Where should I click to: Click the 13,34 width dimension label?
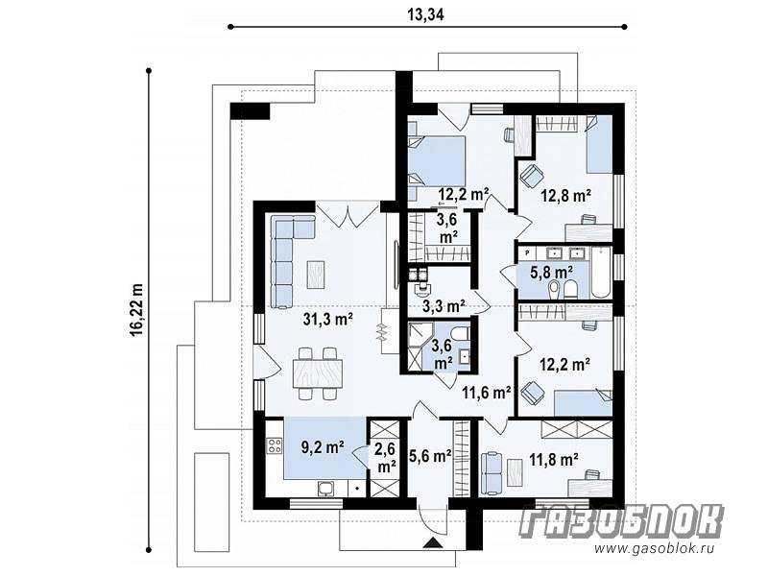click(425, 15)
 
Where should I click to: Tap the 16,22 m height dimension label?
click(137, 309)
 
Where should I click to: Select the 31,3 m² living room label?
click(328, 320)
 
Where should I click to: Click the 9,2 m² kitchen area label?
click(323, 446)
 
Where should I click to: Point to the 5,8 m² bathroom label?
click(552, 272)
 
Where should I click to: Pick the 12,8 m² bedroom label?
click(565, 196)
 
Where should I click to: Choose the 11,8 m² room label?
click(554, 460)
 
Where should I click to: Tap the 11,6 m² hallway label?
click(487, 392)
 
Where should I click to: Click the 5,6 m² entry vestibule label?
click(430, 457)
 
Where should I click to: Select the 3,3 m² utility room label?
click(444, 306)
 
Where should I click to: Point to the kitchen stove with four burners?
click(275, 445)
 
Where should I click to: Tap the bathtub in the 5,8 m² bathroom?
click(601, 273)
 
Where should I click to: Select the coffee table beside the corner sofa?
click(316, 275)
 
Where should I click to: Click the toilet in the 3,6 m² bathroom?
click(461, 334)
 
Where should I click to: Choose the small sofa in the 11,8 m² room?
click(492, 473)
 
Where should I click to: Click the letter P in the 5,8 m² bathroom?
click(527, 252)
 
